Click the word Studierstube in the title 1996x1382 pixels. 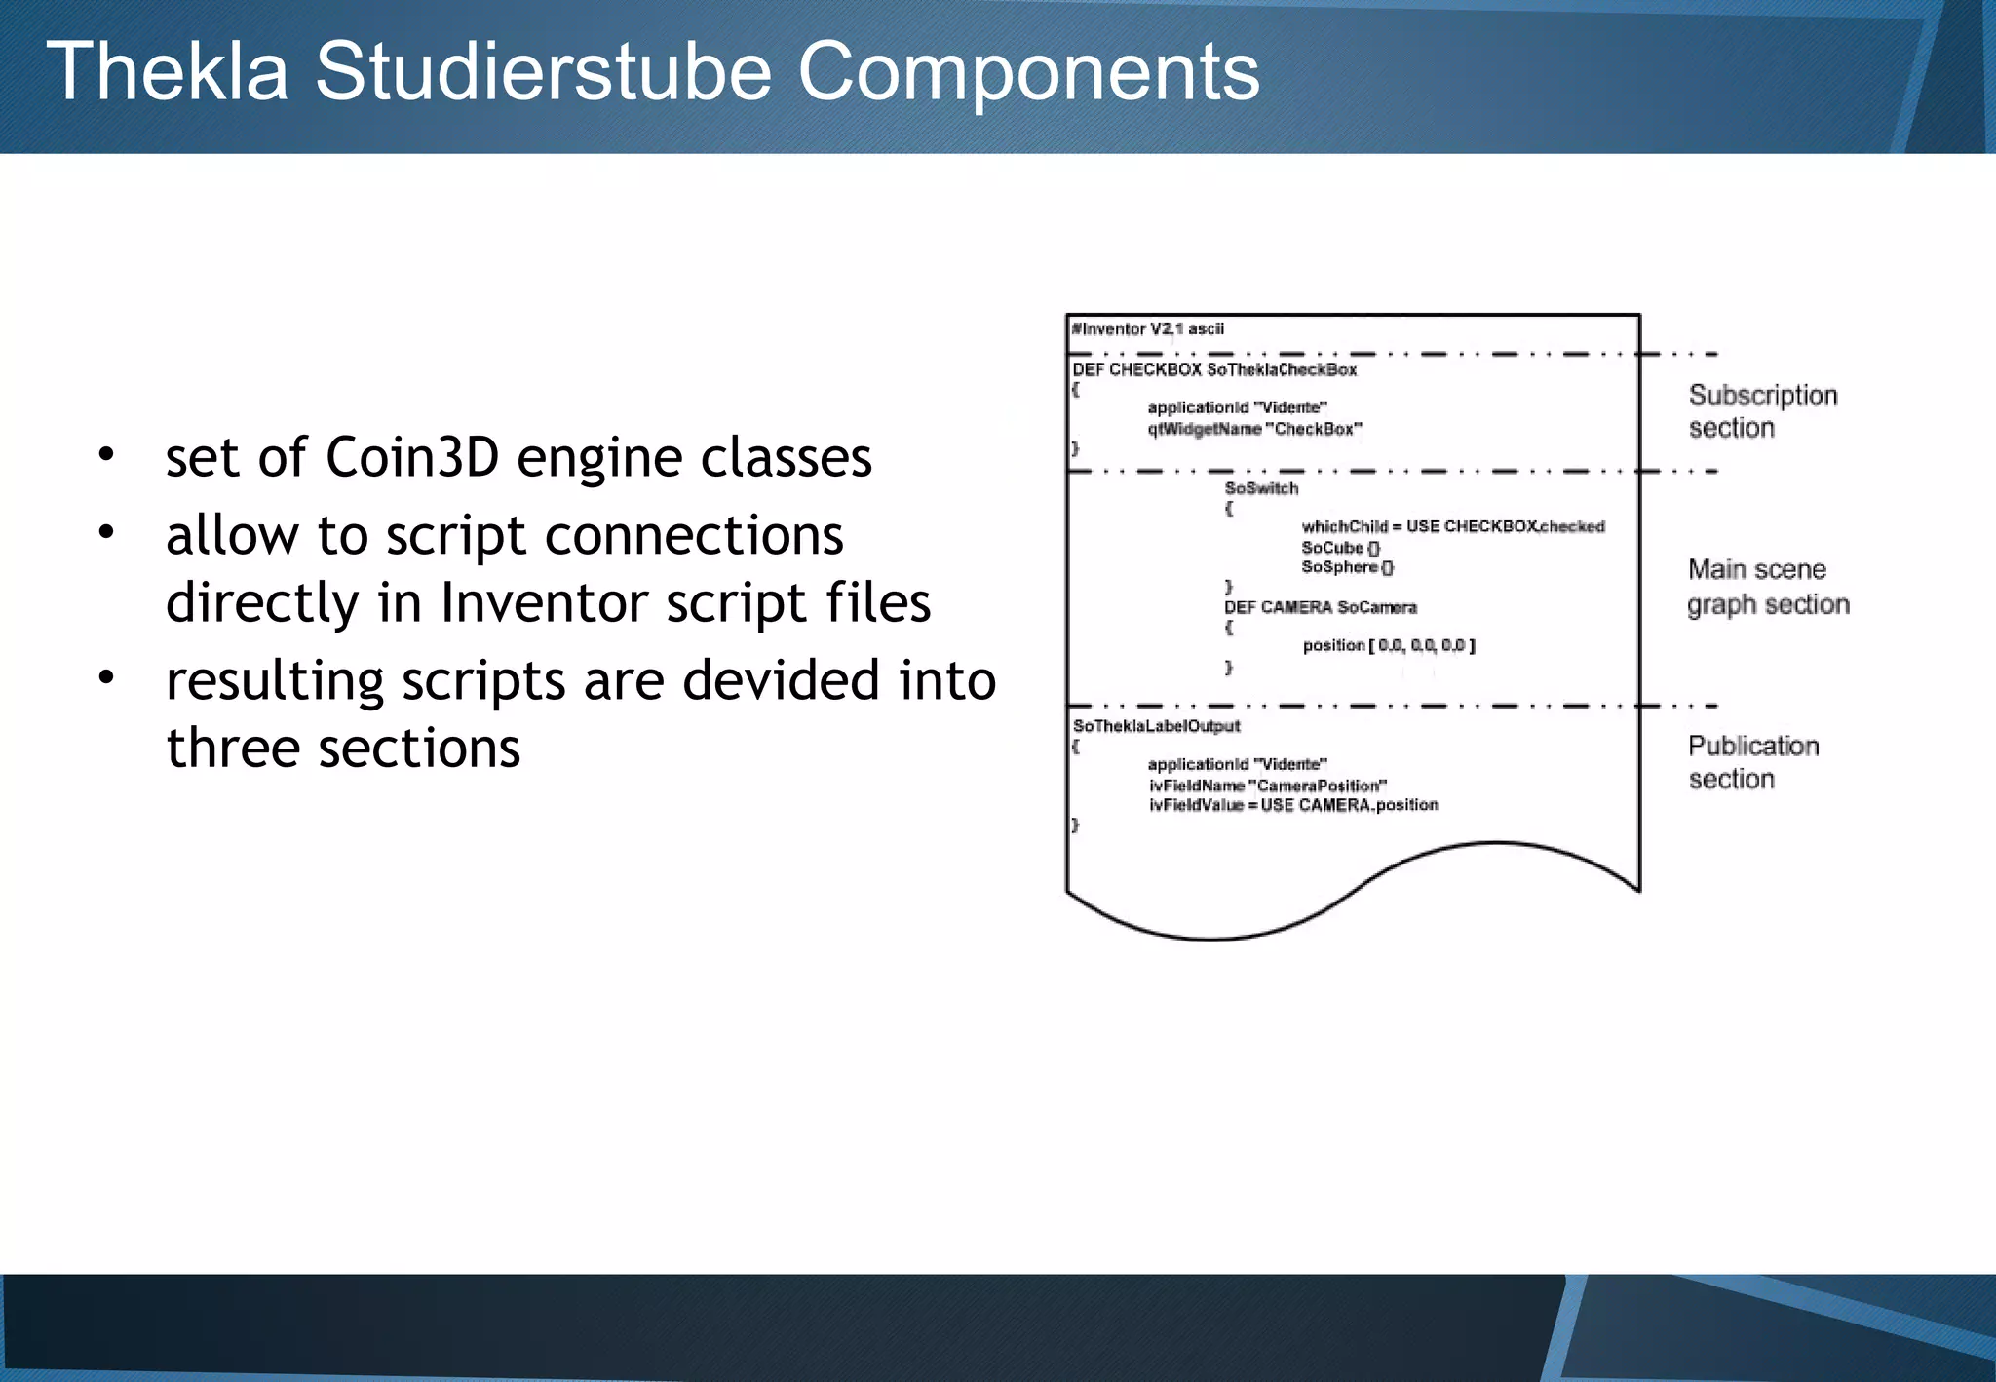click(543, 72)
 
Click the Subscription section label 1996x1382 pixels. click(1762, 411)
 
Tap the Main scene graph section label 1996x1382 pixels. click(1767, 587)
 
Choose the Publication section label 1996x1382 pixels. click(1752, 762)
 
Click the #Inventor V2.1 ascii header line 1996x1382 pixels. click(1147, 329)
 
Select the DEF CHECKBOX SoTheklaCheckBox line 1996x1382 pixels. click(1214, 370)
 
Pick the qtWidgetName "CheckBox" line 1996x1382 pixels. click(1254, 429)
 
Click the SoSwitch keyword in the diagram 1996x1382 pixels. click(1261, 488)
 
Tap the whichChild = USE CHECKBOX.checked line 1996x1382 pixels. click(1452, 527)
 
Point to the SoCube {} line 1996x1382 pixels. click(1340, 548)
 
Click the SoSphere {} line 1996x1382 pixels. click(1347, 567)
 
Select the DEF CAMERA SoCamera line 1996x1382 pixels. click(1320, 607)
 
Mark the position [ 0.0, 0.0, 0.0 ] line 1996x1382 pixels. click(1388, 645)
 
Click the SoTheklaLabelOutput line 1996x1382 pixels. click(1156, 726)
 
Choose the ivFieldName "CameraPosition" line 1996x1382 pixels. click(1267, 786)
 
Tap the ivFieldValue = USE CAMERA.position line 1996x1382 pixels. click(1292, 805)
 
